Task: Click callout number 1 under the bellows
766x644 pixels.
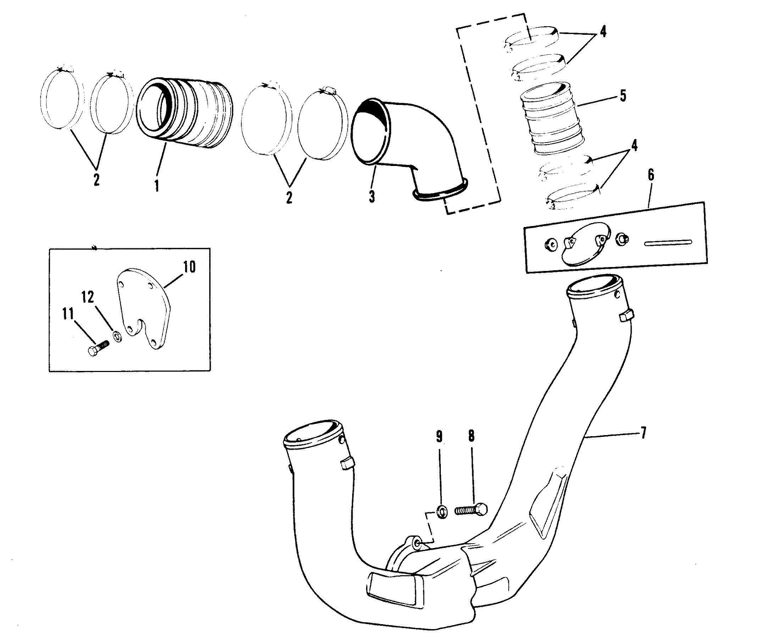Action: tap(157, 186)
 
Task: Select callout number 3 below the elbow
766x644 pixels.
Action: tap(372, 197)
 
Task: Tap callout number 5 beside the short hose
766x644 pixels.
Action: tap(623, 96)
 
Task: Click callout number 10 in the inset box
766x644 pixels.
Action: tap(189, 267)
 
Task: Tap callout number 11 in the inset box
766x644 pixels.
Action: tap(68, 313)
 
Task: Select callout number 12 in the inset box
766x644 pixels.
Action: tap(88, 297)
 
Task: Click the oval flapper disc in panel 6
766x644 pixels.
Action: tap(584, 243)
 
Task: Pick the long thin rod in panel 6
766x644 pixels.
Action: tap(668, 242)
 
